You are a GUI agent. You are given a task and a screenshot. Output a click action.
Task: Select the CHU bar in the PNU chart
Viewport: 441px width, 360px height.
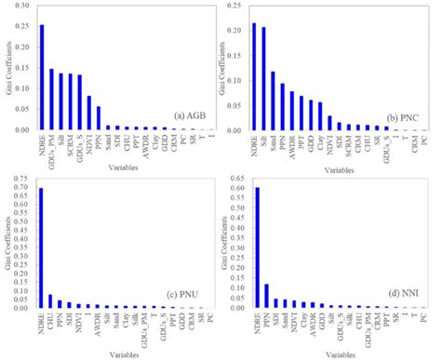click(x=51, y=300)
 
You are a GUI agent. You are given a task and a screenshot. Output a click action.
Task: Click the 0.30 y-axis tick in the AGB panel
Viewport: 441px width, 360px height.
click(x=23, y=10)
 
